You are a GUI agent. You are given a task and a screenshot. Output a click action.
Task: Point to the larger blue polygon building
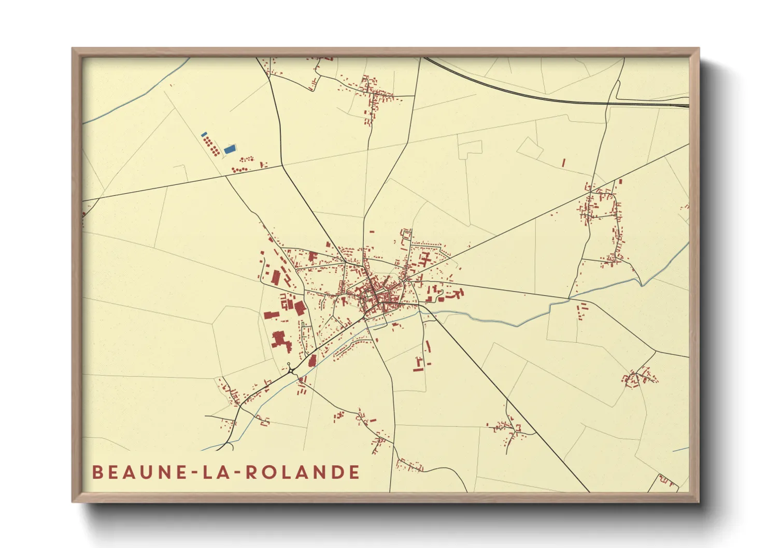(x=230, y=149)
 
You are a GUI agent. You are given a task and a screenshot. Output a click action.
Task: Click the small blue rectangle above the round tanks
(x=204, y=134)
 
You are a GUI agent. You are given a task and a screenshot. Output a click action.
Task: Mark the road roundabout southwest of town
(x=289, y=368)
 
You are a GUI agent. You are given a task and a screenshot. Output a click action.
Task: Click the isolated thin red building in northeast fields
(x=563, y=162)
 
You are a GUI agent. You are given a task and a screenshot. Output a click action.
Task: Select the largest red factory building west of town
(x=280, y=340)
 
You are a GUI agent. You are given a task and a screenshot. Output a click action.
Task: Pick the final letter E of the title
(x=354, y=472)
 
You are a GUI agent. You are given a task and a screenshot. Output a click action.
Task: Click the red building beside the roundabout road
(x=312, y=360)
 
